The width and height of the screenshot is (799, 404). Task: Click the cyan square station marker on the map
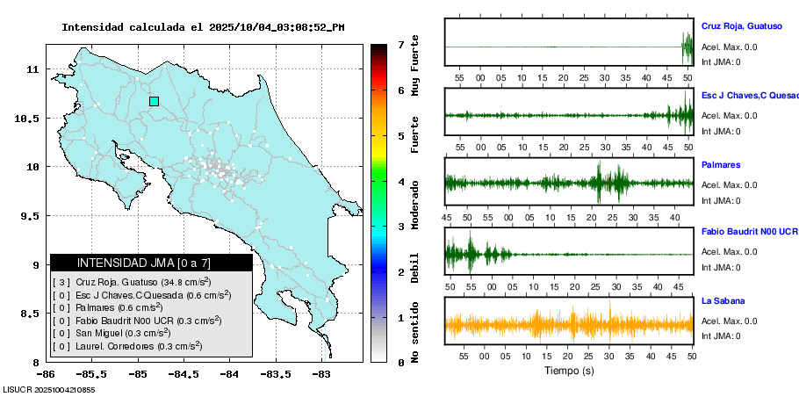click(x=155, y=101)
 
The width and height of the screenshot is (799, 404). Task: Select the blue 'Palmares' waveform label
click(x=721, y=164)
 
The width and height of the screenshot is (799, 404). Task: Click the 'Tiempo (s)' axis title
click(x=568, y=372)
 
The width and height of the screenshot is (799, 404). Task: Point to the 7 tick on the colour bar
click(x=400, y=44)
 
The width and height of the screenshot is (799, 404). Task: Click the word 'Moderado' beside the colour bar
click(x=416, y=201)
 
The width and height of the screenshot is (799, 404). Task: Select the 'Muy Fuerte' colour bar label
click(x=416, y=64)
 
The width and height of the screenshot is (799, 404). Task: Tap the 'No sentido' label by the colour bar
click(x=416, y=329)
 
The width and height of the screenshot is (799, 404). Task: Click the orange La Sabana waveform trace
click(x=568, y=324)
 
